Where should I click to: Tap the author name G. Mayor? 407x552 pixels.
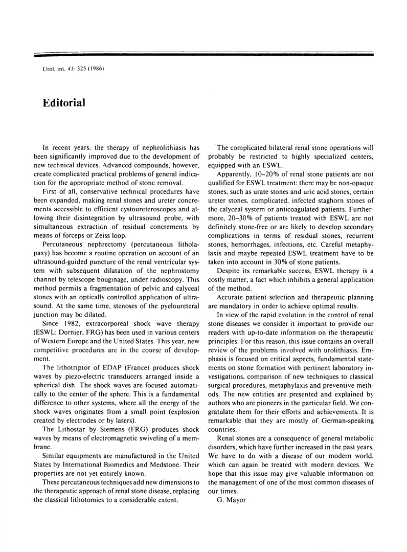click(231, 500)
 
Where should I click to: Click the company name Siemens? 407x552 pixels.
click(118, 429)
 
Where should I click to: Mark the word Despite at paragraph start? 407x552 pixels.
click(229, 271)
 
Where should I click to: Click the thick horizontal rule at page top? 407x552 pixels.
click(203, 54)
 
